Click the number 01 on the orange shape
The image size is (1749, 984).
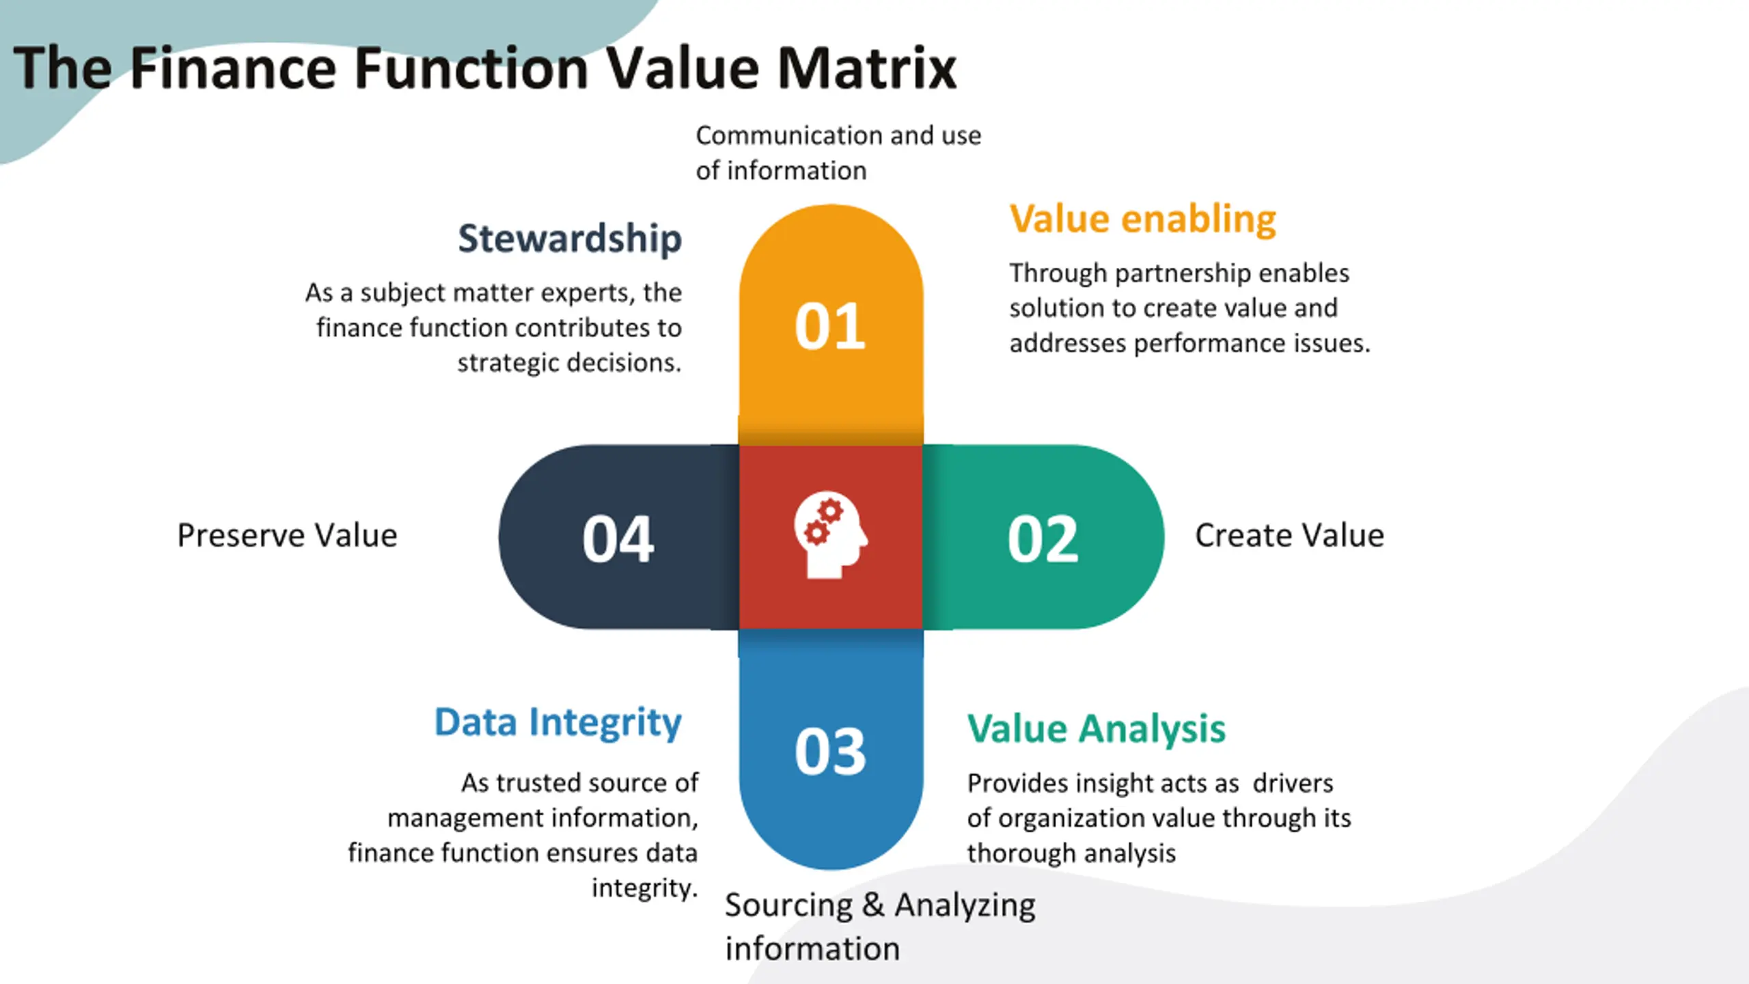[x=830, y=327]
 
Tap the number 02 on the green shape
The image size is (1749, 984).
[x=1043, y=539]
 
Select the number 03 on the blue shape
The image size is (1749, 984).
[x=830, y=751]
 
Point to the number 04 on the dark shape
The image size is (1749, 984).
[x=618, y=539]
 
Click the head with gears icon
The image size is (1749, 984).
[x=830, y=535]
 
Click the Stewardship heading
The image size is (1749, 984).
[x=570, y=238]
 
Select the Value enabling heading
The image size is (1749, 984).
[x=1143, y=219]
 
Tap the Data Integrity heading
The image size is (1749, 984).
[x=558, y=722]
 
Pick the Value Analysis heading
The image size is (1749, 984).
[x=1097, y=728]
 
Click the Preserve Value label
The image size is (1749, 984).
[x=287, y=535]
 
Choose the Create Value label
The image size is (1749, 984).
[x=1289, y=535]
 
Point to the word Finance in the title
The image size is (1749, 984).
[x=233, y=68]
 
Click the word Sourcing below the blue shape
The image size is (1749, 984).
[x=788, y=905]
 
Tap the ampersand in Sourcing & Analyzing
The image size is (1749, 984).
[x=873, y=905]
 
